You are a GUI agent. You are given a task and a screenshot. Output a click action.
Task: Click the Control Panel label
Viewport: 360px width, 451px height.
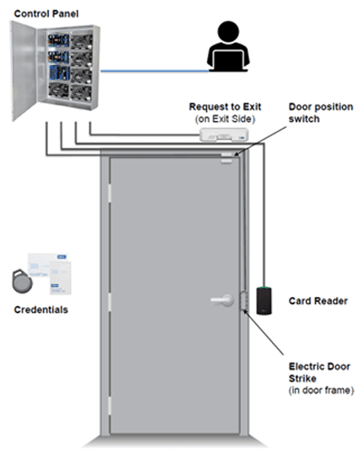pos(46,14)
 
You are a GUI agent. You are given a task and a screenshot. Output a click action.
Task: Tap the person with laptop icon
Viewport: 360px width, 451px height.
pos(228,46)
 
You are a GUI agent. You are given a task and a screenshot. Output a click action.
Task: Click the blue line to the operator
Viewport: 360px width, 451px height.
pos(155,70)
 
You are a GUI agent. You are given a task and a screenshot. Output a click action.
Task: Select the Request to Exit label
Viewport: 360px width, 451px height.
pos(225,106)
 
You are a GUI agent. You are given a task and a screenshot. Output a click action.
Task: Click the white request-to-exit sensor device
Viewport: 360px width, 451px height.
pos(224,135)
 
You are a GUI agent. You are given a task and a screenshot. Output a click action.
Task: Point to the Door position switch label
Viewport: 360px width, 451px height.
pos(321,113)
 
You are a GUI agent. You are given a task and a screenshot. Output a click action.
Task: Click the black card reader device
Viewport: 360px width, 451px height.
pos(264,300)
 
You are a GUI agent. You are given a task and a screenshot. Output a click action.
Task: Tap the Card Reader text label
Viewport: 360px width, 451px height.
pos(318,301)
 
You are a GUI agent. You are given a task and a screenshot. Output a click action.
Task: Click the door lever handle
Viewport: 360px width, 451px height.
pos(222,300)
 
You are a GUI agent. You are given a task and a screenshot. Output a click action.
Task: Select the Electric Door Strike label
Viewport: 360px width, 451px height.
pos(319,372)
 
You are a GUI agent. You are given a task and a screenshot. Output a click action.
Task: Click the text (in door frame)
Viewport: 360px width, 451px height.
pos(321,391)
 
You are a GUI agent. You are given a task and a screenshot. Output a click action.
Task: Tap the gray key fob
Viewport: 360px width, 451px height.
pos(22,281)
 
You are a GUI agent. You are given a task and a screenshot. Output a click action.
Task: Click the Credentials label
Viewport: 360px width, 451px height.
pos(41,309)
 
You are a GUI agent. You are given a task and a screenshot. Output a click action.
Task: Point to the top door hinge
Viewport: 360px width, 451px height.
pos(110,193)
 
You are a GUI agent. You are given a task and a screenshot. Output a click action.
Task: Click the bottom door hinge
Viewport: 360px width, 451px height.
pos(110,406)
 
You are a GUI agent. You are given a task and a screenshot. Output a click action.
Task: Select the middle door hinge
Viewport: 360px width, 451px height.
pos(110,302)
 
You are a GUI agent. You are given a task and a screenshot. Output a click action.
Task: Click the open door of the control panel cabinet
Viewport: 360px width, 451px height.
pos(24,70)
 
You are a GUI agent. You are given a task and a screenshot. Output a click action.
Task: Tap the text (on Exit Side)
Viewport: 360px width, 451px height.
pos(225,119)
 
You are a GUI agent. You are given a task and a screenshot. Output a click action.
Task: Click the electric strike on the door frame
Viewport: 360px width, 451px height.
pos(244,301)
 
